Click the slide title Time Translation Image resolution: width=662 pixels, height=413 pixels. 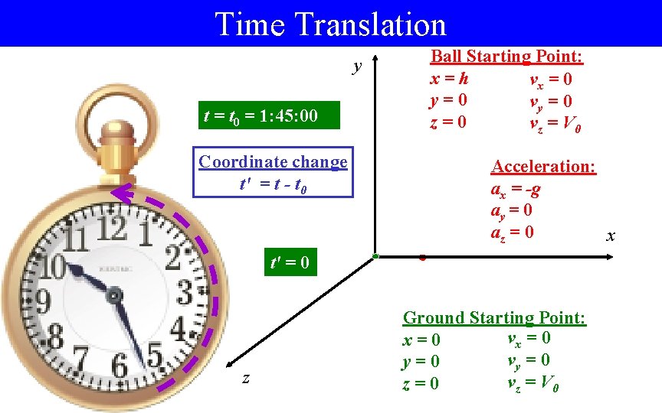(331, 24)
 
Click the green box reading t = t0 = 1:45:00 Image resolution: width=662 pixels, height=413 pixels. (260, 117)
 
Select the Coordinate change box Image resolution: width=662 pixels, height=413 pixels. (273, 172)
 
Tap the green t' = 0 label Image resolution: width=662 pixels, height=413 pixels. (290, 264)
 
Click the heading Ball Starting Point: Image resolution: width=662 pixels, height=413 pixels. (506, 57)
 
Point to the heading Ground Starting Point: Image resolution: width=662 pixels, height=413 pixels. (494, 318)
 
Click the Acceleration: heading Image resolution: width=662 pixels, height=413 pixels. (543, 167)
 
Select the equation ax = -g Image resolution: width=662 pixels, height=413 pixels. (515, 188)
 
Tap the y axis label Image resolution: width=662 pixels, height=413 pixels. (357, 67)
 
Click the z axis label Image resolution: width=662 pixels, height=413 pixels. (245, 378)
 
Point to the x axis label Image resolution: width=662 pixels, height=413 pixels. (611, 236)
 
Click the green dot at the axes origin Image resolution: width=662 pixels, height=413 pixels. (375, 255)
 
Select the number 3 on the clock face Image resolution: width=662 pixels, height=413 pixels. (184, 291)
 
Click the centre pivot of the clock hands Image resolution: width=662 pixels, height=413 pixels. (114, 294)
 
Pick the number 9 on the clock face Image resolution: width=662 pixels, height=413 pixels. (42, 301)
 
